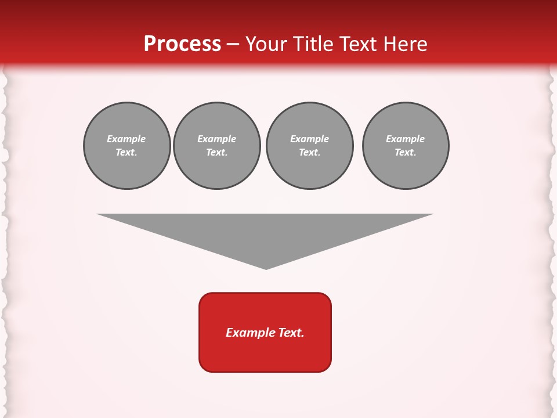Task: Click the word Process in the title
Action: click(182, 44)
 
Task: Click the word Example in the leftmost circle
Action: click(126, 139)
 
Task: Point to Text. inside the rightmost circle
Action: click(406, 153)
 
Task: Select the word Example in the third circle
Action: click(309, 139)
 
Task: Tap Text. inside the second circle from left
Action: click(216, 153)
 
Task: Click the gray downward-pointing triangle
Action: click(265, 232)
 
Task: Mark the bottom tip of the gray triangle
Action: click(266, 268)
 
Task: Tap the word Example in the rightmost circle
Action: click(406, 139)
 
